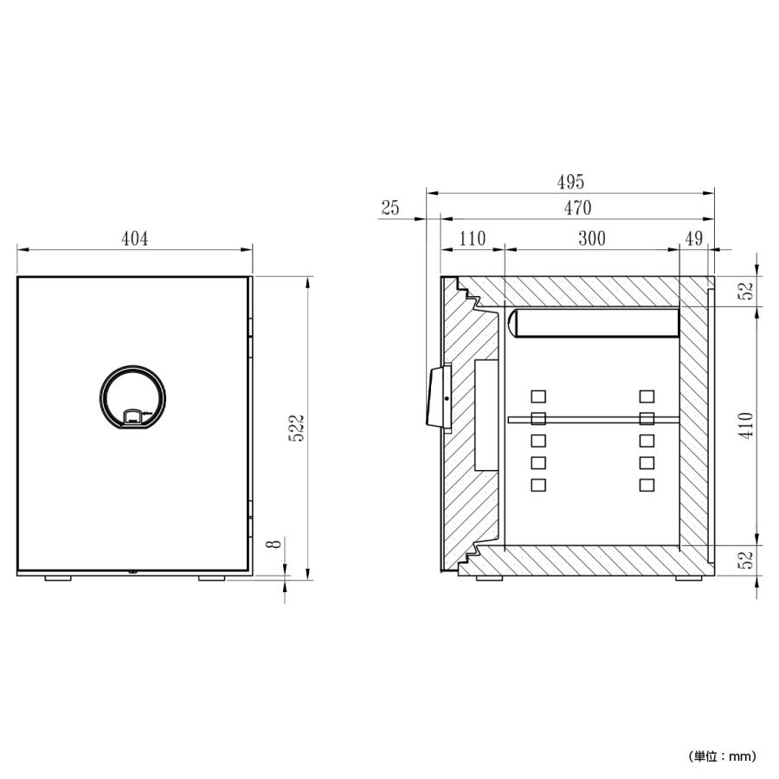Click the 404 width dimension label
(x=135, y=239)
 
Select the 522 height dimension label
(x=297, y=428)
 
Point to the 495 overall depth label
(x=570, y=182)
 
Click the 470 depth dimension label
(x=577, y=208)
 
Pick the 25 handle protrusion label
(x=390, y=208)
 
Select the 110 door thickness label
(x=472, y=239)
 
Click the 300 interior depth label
(x=592, y=239)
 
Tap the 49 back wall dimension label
(x=694, y=239)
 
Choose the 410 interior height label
(x=746, y=425)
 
